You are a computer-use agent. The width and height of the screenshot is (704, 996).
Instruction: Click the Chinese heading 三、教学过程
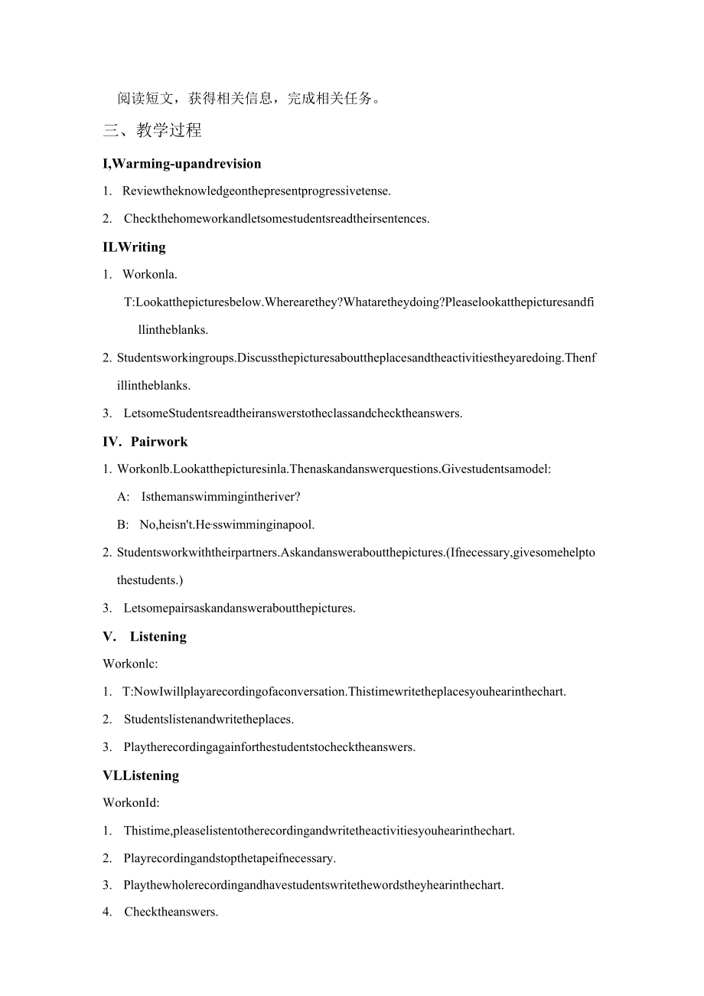(x=152, y=130)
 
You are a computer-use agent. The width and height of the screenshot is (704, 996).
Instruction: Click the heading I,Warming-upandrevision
(x=182, y=163)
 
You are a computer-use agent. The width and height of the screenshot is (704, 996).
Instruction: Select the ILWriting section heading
(x=134, y=247)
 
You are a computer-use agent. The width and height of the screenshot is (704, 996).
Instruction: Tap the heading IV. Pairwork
(x=145, y=442)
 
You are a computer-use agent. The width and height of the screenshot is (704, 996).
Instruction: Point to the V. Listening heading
(x=145, y=636)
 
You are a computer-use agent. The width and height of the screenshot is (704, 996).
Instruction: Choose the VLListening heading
(x=141, y=776)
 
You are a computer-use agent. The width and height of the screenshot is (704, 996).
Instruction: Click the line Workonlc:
(x=130, y=664)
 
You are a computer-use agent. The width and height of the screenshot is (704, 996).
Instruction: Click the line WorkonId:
(x=131, y=802)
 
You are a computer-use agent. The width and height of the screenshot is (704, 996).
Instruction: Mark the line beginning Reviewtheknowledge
(x=256, y=191)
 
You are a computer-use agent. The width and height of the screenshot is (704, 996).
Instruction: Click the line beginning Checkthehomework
(x=276, y=219)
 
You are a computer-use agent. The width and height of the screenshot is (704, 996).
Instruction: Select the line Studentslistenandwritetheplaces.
(x=209, y=719)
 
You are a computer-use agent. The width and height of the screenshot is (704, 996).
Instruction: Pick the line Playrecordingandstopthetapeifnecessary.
(x=230, y=858)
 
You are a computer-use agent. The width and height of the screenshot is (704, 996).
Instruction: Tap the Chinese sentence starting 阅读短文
(x=249, y=98)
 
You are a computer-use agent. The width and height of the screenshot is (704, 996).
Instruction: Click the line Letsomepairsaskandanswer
(x=240, y=609)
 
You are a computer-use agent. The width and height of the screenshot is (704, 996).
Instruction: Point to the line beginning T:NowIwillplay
(x=344, y=691)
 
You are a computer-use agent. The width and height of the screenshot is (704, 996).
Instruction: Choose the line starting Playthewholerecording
(x=314, y=885)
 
